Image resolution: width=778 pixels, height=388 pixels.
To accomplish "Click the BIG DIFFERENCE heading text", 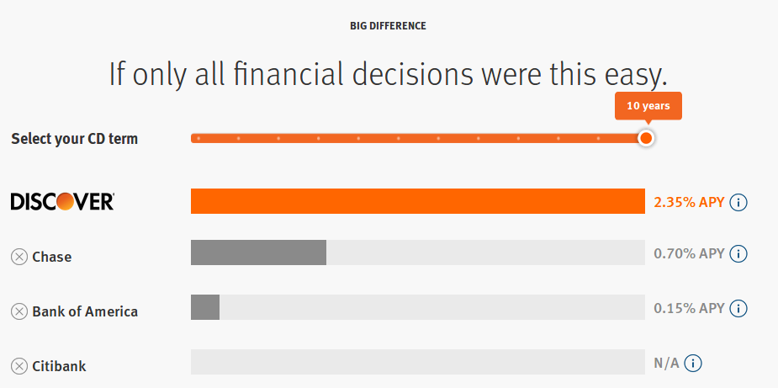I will click(388, 26).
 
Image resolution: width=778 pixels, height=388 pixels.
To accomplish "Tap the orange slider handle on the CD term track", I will click(645, 138).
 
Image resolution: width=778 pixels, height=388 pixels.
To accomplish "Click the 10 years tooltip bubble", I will click(648, 106).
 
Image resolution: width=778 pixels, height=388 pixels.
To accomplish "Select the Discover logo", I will click(62, 202).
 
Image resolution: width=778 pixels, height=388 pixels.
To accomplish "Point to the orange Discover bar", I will click(417, 201).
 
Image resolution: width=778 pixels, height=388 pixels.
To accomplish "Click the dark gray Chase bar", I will click(258, 253).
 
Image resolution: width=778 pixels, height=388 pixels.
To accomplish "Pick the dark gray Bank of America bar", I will click(205, 307).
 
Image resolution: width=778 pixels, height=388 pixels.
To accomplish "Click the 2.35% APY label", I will click(689, 202).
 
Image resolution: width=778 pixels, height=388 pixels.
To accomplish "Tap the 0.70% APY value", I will click(689, 253).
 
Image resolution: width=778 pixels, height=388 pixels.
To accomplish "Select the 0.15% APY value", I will click(689, 308).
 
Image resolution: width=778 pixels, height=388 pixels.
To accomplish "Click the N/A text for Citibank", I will click(665, 364).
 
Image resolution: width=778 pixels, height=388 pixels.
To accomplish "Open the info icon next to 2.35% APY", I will click(738, 202).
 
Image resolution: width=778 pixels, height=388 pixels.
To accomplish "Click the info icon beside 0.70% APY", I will click(738, 253).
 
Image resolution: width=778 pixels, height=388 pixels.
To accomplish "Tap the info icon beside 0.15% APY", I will click(738, 308).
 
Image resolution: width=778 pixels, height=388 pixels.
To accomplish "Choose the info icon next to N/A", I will click(693, 364).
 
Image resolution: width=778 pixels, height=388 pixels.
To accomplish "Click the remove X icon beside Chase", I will click(19, 257).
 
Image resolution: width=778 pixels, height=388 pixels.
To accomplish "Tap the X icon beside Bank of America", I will click(19, 311).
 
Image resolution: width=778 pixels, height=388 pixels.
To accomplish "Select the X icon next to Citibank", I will click(19, 366).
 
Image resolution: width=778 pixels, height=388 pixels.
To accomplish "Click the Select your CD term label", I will click(74, 139).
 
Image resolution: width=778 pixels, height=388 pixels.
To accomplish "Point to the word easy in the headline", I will click(630, 76).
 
